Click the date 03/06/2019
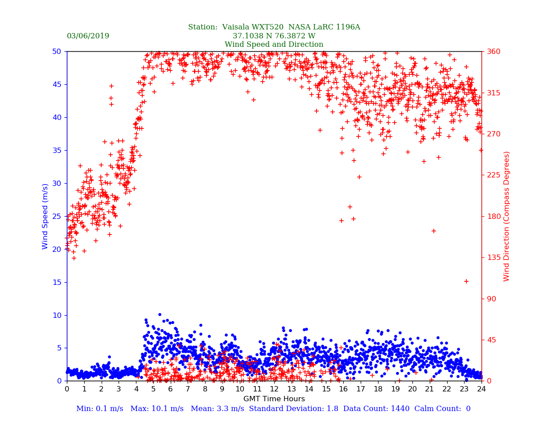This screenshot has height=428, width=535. [x=88, y=36]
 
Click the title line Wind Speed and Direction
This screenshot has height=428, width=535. [x=274, y=45]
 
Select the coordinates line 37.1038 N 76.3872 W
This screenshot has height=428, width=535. [x=274, y=36]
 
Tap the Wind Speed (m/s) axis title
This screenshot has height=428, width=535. [x=45, y=216]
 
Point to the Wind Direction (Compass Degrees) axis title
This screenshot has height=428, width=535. [x=506, y=216]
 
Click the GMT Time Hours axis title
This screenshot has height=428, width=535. [x=274, y=399]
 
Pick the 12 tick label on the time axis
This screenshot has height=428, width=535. [x=274, y=389]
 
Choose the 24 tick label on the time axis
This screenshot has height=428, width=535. [x=481, y=389]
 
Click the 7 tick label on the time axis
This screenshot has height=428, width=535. [x=188, y=389]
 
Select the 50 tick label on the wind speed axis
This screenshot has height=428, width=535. [x=57, y=52]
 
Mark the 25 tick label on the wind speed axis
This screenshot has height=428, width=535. [x=57, y=216]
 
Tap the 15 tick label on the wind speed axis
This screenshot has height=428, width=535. [x=57, y=282]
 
